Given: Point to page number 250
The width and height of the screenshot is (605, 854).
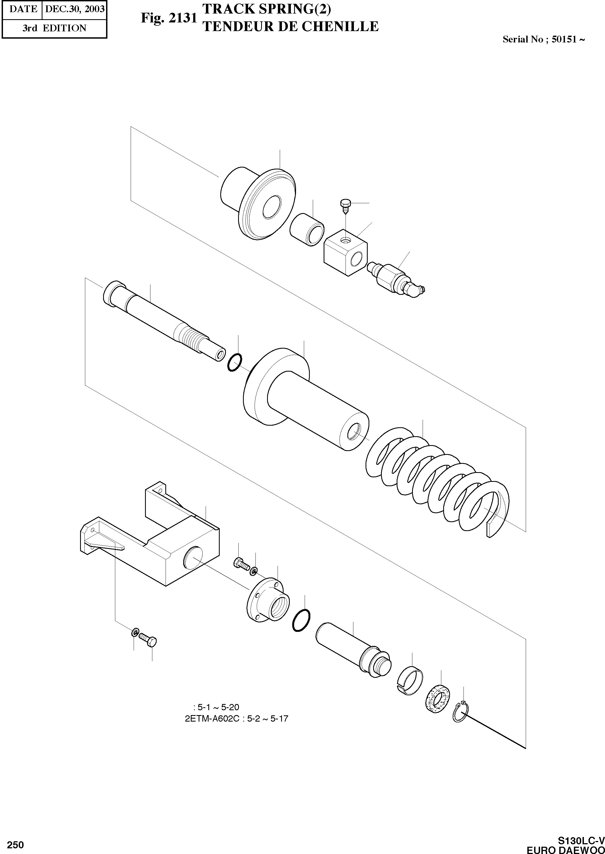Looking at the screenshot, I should (x=15, y=842).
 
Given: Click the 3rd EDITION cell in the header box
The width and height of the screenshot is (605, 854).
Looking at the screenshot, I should (x=54, y=28).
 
